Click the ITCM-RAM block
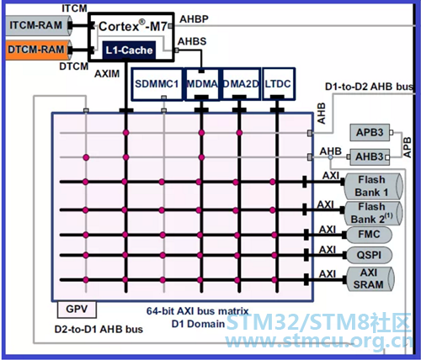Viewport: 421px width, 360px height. (38, 25)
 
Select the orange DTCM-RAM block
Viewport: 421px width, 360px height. (38, 50)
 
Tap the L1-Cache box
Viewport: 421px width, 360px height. (129, 50)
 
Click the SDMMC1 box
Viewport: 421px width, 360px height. (157, 84)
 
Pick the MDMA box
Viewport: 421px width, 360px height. (202, 84)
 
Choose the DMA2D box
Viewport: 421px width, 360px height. (240, 84)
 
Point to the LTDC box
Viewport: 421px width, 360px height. (278, 84)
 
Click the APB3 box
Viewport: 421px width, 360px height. (370, 132)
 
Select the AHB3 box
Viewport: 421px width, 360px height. (370, 156)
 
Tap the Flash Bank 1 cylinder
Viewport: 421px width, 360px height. (373, 186)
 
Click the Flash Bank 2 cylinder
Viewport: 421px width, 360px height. (373, 213)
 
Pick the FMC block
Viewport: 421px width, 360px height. (369, 235)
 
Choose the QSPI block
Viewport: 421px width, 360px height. (369, 255)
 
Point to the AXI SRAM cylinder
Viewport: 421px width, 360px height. (370, 278)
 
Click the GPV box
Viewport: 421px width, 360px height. (77, 310)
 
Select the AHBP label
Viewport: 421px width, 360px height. (194, 19)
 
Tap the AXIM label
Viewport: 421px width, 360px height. (107, 74)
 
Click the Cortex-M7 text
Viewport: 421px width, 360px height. (133, 26)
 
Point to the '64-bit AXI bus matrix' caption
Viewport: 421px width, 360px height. (197, 311)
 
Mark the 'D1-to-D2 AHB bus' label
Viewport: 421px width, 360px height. (370, 87)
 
